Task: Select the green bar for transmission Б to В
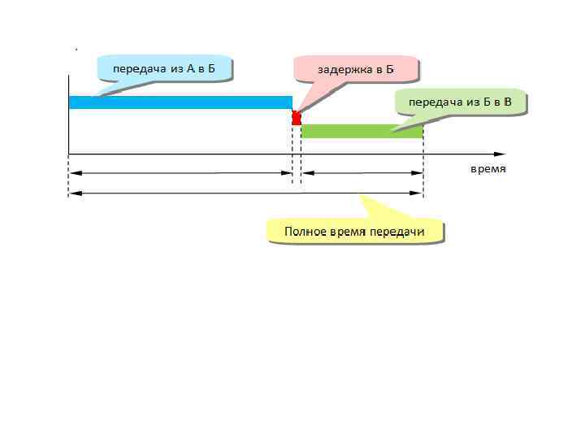click(362, 131)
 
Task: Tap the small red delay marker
click(297, 118)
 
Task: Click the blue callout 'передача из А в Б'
click(163, 68)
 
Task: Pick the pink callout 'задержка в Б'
click(356, 69)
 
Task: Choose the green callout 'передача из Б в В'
click(459, 102)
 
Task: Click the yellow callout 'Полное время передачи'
click(355, 233)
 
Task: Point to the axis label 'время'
click(488, 170)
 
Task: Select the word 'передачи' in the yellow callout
click(397, 233)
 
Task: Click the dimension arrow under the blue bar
click(180, 173)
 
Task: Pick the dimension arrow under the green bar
click(362, 173)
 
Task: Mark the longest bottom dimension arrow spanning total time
click(245, 193)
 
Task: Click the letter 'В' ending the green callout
click(507, 102)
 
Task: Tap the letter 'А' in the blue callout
click(190, 68)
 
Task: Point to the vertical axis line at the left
click(69, 114)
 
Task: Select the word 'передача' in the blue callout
click(136, 68)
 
